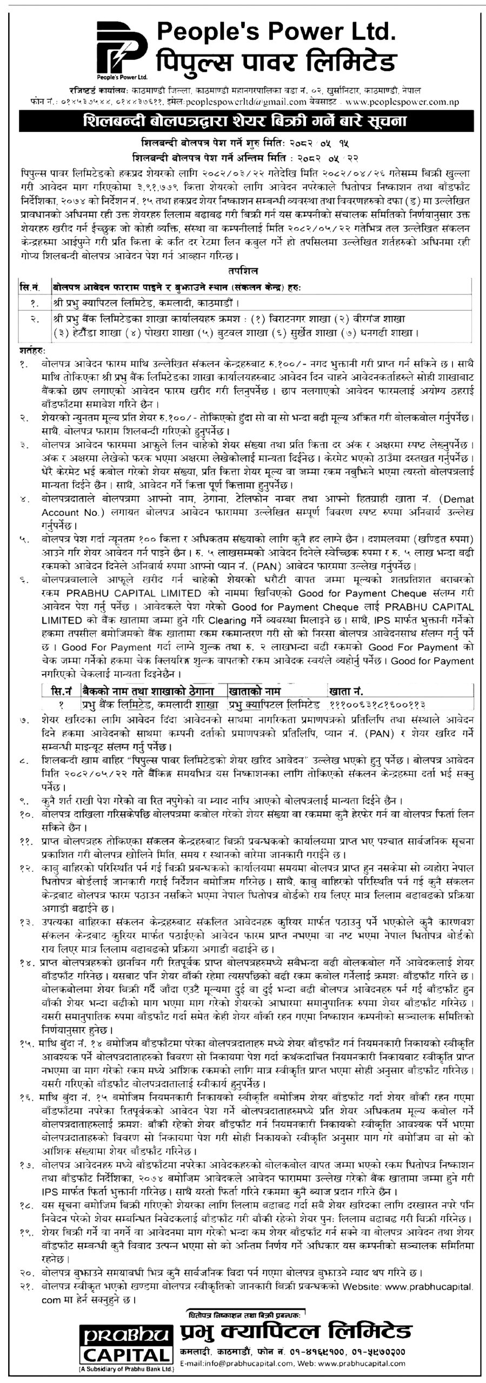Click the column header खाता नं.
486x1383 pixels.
click(345, 690)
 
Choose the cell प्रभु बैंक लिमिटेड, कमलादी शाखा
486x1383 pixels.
click(150, 704)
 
